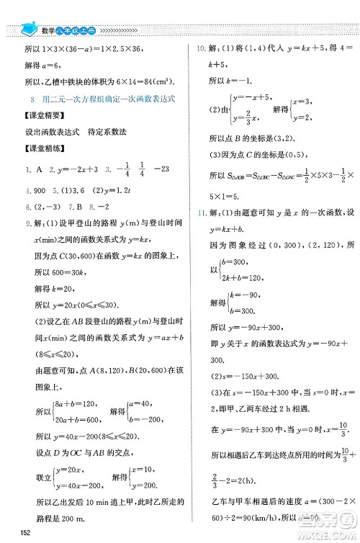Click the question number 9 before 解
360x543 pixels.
click(21, 225)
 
